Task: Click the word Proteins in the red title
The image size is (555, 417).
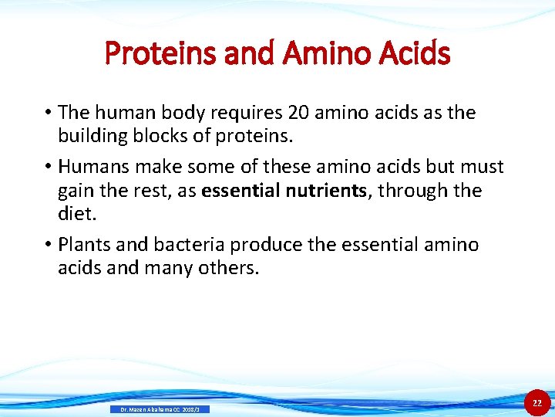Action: pos(150,54)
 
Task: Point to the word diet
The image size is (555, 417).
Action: pos(75,213)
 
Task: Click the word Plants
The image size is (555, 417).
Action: pos(86,245)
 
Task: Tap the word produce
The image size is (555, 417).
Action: pos(266,245)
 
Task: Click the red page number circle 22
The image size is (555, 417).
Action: pos(537,403)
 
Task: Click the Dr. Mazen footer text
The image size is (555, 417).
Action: pos(160,409)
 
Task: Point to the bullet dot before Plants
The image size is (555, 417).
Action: pos(48,245)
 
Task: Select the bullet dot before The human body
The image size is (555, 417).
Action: pos(48,113)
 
